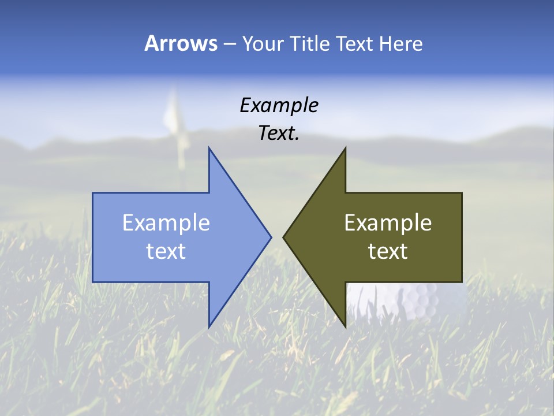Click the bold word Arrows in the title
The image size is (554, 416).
(x=181, y=43)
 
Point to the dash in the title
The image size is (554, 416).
(x=229, y=44)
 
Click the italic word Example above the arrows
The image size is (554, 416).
(x=279, y=105)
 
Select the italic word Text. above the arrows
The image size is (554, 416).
(x=279, y=133)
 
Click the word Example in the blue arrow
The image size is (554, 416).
(x=166, y=222)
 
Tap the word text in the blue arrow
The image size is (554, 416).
(x=166, y=251)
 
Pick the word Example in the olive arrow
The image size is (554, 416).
(x=388, y=222)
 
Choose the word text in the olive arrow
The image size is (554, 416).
(x=388, y=251)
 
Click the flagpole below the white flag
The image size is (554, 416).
(x=181, y=153)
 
